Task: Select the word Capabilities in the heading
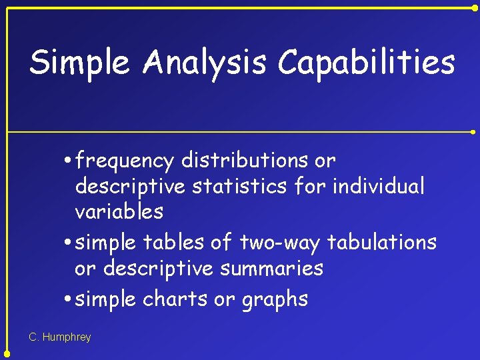pyautogui.click(x=366, y=63)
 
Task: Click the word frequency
pyautogui.click(x=125, y=161)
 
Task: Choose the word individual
pyautogui.click(x=378, y=186)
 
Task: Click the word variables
pyautogui.click(x=119, y=212)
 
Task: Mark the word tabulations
pyautogui.click(x=382, y=242)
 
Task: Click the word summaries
pyautogui.click(x=275, y=269)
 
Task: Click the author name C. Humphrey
pyautogui.click(x=60, y=337)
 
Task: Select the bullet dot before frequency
pyautogui.click(x=69, y=161)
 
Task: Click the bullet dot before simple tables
pyautogui.click(x=69, y=243)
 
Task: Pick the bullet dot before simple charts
pyautogui.click(x=69, y=299)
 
